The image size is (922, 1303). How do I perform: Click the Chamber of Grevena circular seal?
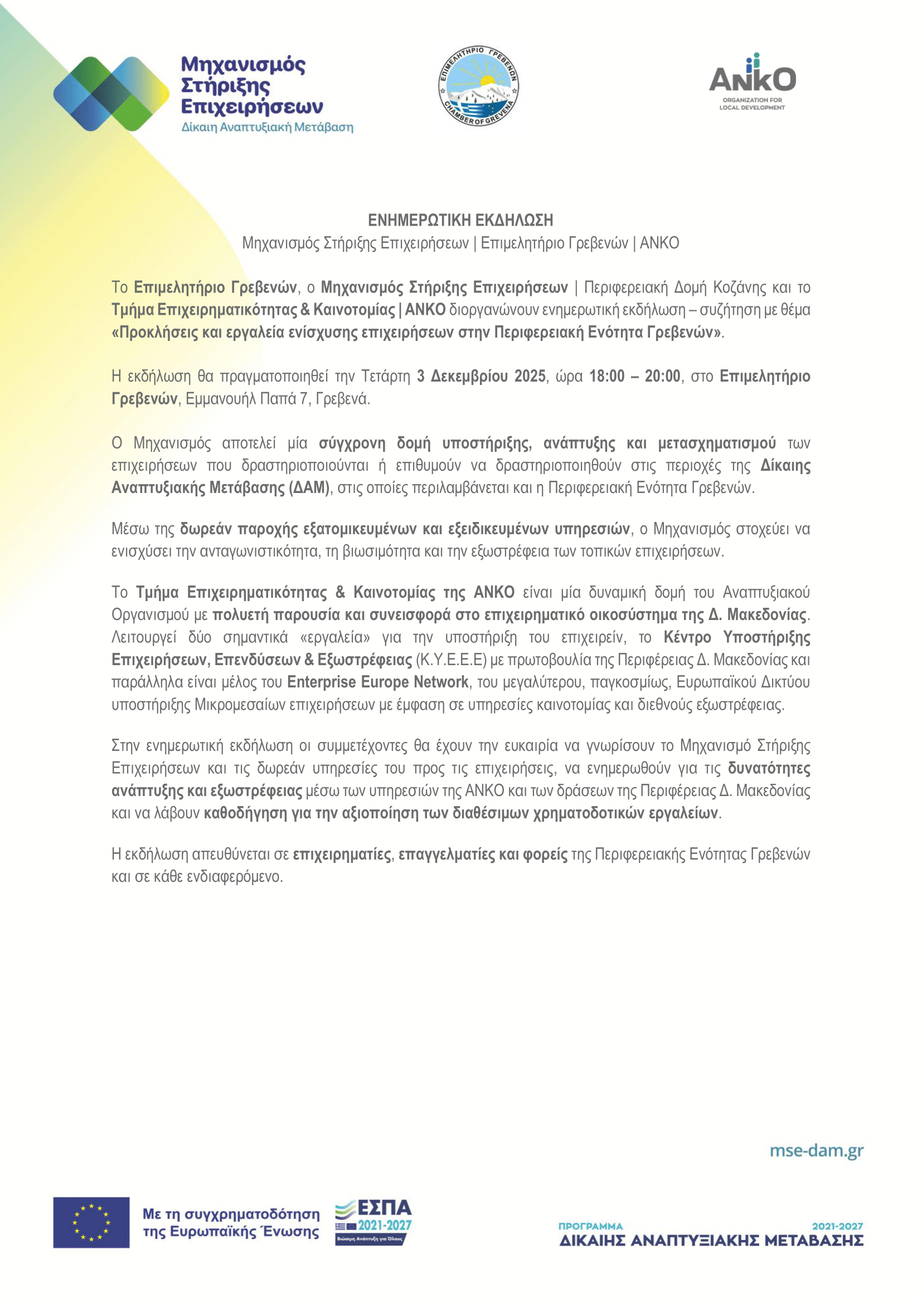(478, 87)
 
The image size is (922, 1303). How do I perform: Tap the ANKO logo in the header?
(751, 82)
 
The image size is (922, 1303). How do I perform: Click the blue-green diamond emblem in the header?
(111, 94)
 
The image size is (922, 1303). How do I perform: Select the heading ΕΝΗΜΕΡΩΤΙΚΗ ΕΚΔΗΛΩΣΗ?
(460, 220)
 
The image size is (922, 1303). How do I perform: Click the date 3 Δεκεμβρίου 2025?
(481, 376)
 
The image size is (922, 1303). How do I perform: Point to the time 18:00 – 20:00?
(634, 376)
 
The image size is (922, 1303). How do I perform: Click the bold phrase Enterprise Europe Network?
(377, 682)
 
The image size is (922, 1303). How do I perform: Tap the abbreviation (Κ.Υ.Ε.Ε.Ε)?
(452, 660)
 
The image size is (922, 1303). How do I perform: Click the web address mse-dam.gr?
(816, 1150)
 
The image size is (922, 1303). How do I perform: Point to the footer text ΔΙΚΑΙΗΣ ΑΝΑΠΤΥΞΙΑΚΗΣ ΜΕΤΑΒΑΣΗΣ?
(711, 1241)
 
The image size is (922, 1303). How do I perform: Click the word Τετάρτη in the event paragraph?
(386, 376)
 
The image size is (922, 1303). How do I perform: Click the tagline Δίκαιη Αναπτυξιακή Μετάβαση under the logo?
(267, 127)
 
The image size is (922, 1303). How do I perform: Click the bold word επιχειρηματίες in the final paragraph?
(342, 854)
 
